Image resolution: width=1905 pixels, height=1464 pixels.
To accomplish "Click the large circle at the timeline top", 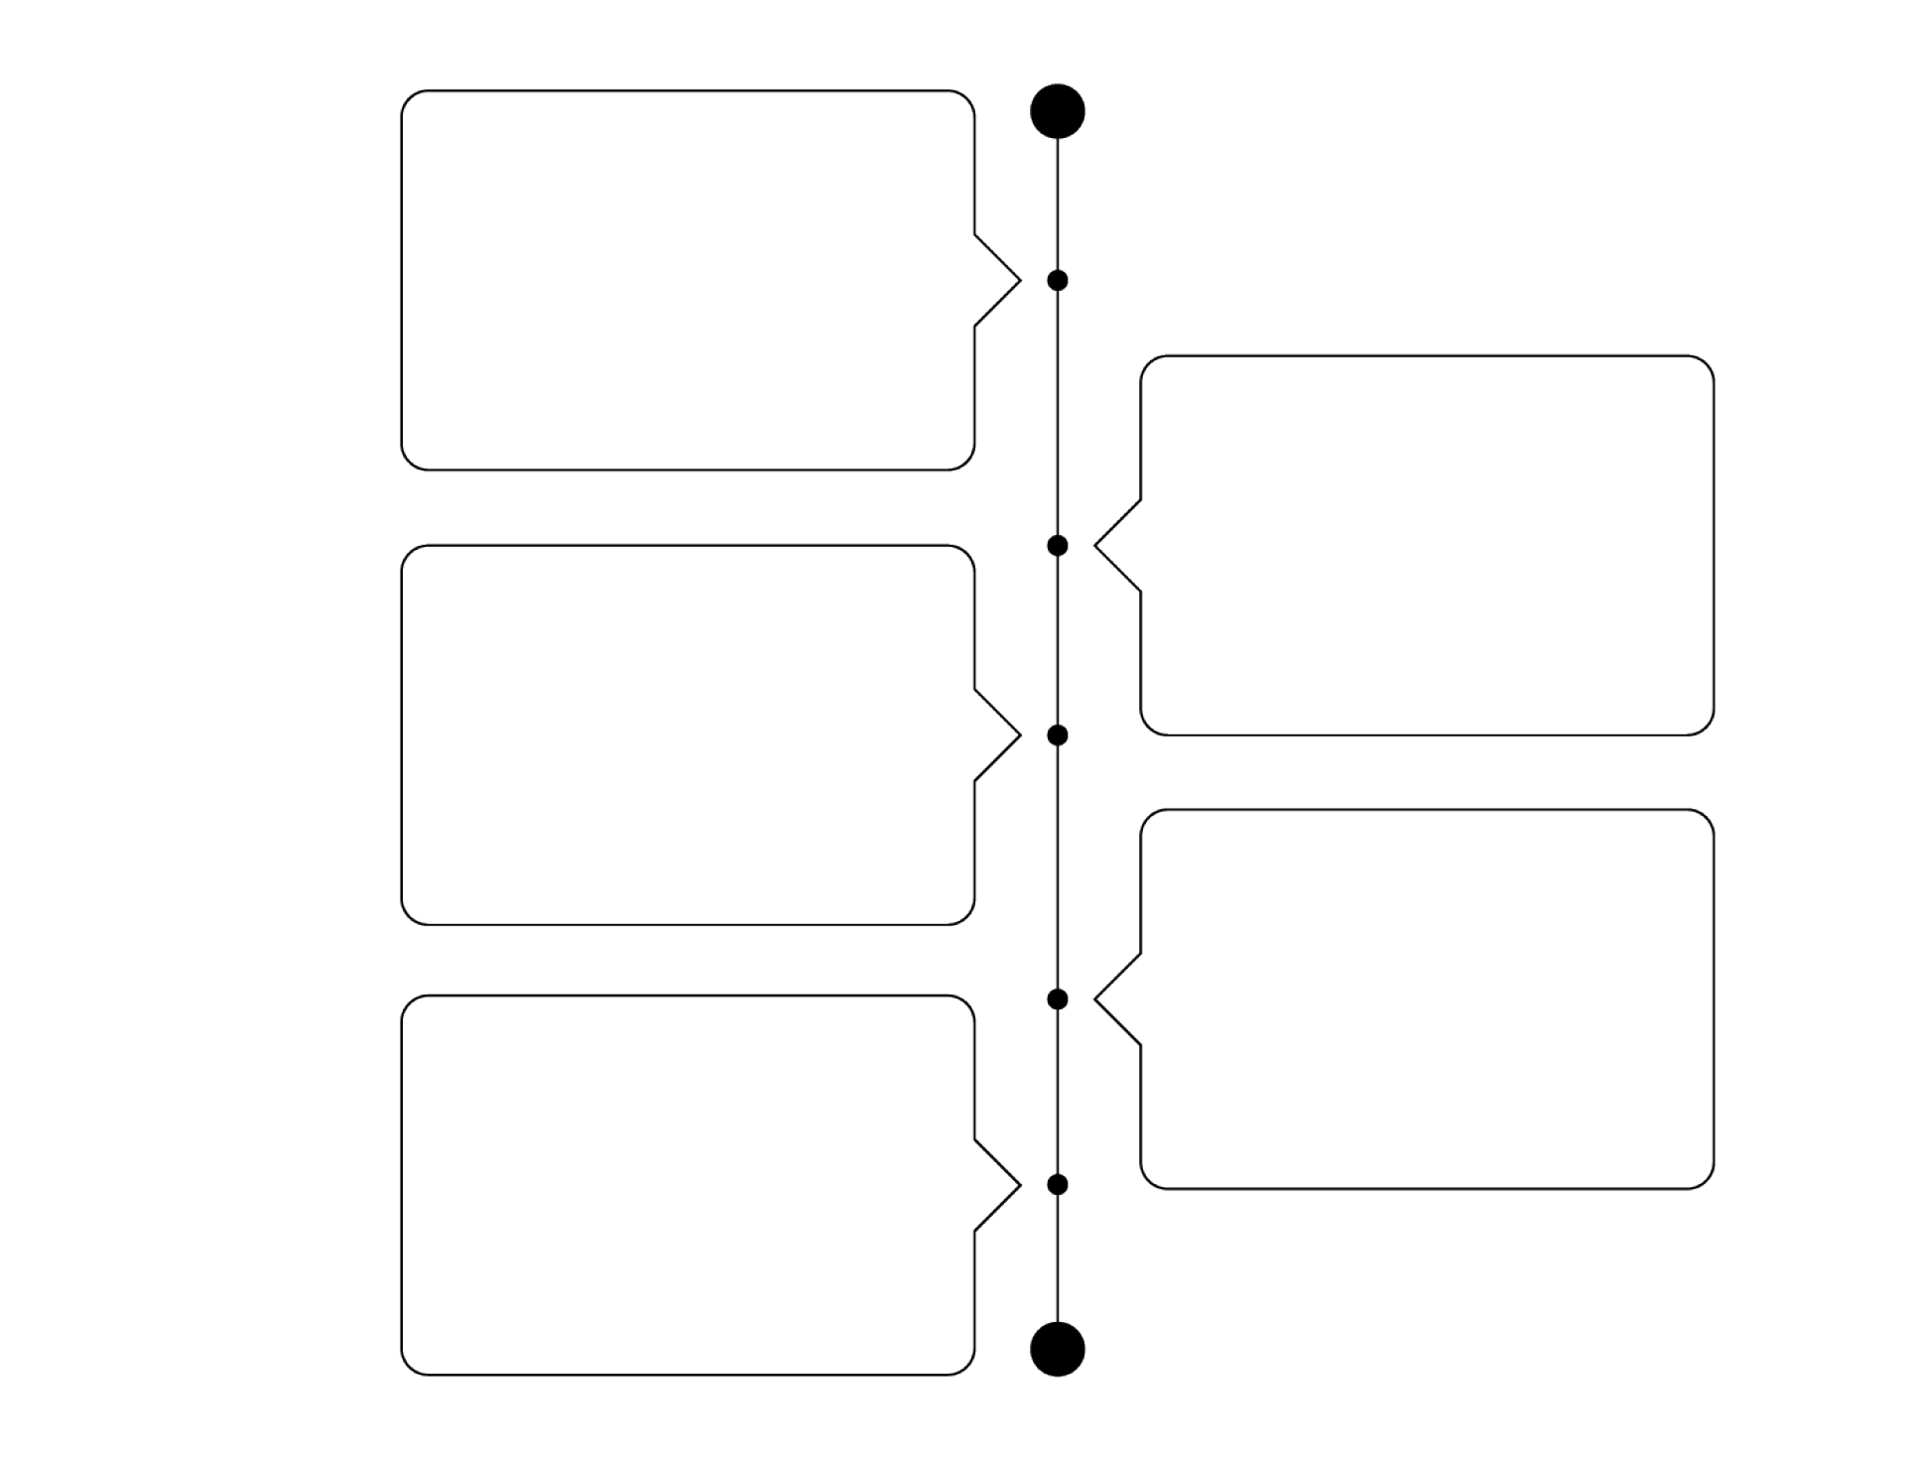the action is click(1058, 110).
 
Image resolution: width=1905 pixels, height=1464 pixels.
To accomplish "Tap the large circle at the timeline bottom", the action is click(1058, 1350).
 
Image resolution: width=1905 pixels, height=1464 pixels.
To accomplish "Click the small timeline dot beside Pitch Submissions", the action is click(1058, 281).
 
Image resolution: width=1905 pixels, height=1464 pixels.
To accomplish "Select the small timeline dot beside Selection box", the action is click(1058, 545).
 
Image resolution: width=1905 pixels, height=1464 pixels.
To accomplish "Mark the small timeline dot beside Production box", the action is click(1058, 735).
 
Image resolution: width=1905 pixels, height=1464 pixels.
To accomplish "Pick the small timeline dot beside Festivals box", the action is click(1058, 998).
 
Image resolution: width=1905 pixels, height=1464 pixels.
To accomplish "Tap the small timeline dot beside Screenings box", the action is click(1058, 1184).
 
